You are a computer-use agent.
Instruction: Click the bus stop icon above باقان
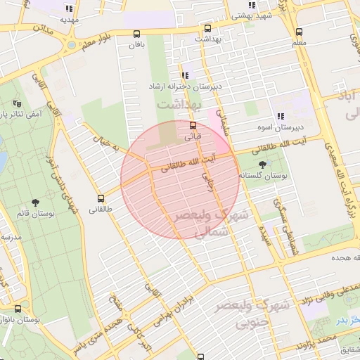136,33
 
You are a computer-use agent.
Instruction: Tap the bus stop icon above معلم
299,32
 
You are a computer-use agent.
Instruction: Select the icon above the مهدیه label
68,9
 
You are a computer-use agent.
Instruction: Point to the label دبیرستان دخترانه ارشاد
184,86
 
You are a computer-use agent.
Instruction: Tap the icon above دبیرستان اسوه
280,116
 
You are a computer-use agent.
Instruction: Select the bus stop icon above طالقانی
101,198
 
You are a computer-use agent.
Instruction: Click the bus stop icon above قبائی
193,125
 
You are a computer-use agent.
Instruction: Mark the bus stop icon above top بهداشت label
207,29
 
